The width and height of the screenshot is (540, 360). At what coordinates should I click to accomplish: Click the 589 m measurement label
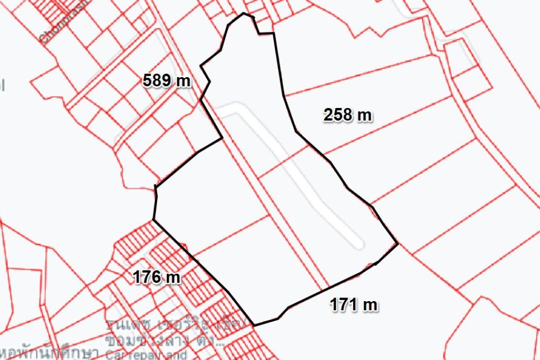click(167, 81)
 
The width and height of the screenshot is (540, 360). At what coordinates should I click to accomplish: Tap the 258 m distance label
click(348, 115)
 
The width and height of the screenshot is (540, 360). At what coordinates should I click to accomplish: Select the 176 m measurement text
click(157, 277)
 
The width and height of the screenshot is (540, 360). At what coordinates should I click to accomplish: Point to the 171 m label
click(354, 305)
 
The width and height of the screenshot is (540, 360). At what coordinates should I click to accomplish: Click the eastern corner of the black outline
click(398, 244)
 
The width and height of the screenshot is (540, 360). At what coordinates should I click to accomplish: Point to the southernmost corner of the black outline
click(254, 325)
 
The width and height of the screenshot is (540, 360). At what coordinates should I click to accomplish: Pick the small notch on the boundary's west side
click(156, 187)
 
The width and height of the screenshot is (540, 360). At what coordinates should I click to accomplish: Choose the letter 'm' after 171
click(370, 305)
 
